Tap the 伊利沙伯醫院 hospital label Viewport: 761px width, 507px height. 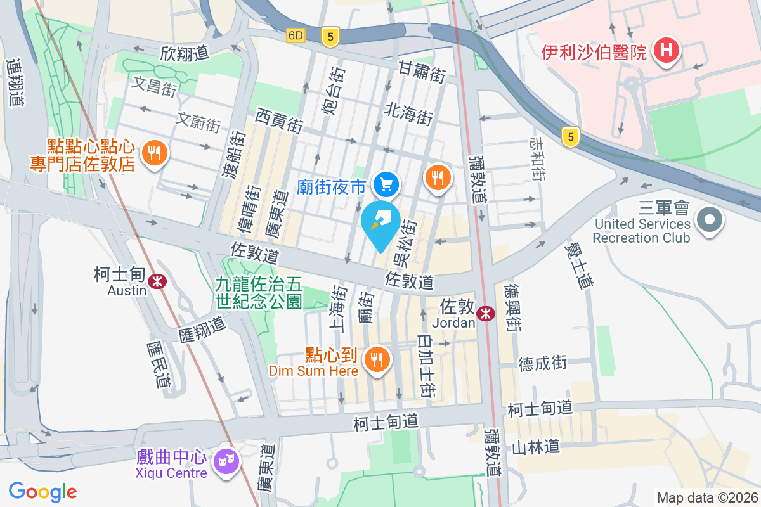point(594,51)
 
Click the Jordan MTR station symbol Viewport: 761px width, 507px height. point(486,313)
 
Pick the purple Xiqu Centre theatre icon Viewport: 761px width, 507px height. point(224,461)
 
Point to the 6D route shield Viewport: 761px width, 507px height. point(296,35)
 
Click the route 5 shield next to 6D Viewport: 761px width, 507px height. point(328,36)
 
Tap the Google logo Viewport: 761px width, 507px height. point(42,492)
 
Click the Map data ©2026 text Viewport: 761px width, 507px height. point(706,498)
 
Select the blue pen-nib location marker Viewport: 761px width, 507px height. point(380,224)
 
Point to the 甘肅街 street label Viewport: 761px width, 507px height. point(421,71)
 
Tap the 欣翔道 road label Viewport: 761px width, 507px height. point(185,53)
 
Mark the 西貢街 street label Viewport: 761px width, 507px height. point(279,119)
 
